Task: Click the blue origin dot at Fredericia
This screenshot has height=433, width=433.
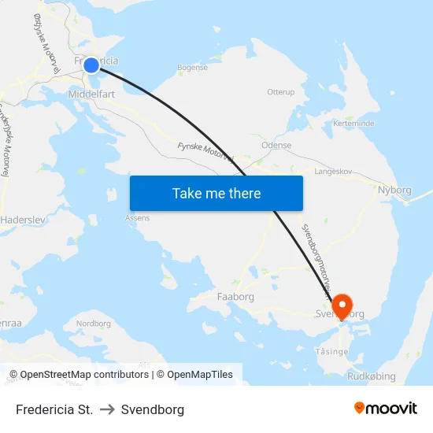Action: [x=91, y=65]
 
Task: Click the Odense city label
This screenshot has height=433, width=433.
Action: [x=276, y=145]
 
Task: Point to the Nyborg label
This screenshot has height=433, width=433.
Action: [x=394, y=190]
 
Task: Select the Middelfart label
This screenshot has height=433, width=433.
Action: [x=93, y=92]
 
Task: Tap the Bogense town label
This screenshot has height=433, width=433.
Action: [x=192, y=68]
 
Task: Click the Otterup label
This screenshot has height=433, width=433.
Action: [x=280, y=92]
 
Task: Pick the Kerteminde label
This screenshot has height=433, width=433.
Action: [x=353, y=124]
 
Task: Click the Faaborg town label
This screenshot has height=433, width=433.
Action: [x=235, y=297]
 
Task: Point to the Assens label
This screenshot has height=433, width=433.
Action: [x=137, y=218]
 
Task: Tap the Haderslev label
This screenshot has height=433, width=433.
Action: [x=24, y=220]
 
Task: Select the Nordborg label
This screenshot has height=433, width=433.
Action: [x=93, y=324]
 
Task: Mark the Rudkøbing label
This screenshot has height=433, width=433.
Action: [x=372, y=376]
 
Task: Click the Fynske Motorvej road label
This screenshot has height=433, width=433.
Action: [x=205, y=150]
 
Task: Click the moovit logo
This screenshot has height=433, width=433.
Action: [x=385, y=409]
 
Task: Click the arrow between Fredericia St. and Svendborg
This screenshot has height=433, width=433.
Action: [x=107, y=409]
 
